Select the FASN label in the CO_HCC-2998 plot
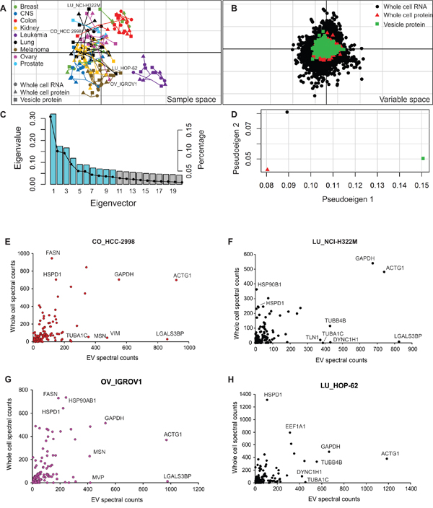(53, 252)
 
